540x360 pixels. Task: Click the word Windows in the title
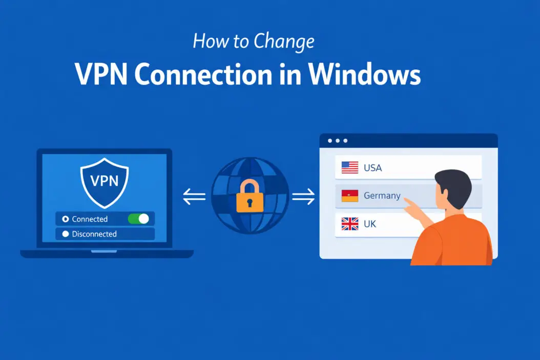[365, 75]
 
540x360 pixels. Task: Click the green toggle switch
[138, 219]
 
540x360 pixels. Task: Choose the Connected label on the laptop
[90, 219]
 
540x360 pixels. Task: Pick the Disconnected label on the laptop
[94, 234]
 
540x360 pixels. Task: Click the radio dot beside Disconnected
[65, 234]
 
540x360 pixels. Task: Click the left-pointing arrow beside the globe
[194, 197]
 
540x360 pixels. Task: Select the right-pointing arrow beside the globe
[303, 197]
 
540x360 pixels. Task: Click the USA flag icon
[350, 167]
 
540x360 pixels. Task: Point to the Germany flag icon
[350, 196]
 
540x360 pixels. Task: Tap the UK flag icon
[350, 224]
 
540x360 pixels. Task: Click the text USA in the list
[372, 167]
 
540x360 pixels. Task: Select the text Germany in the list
[382, 196]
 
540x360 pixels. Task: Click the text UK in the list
[370, 224]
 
